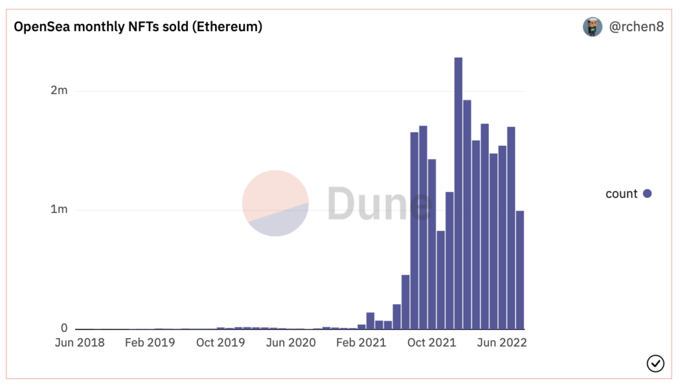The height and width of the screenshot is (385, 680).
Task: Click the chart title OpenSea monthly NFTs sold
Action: tap(138, 27)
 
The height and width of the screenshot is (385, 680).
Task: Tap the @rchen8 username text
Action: tap(636, 27)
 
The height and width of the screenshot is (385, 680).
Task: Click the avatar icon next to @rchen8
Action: tap(592, 27)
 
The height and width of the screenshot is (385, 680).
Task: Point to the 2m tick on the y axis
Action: tap(59, 91)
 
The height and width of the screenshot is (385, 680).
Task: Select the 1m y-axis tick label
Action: tap(59, 210)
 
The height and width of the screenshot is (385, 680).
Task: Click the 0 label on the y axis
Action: tap(64, 329)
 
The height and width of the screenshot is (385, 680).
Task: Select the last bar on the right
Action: tap(520, 272)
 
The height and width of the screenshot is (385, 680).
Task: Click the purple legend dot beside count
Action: tap(647, 194)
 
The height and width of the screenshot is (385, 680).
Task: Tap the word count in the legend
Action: tap(622, 194)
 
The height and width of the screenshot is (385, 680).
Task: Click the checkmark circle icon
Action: tap(655, 363)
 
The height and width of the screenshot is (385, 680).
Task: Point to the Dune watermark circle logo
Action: tap(275, 203)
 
